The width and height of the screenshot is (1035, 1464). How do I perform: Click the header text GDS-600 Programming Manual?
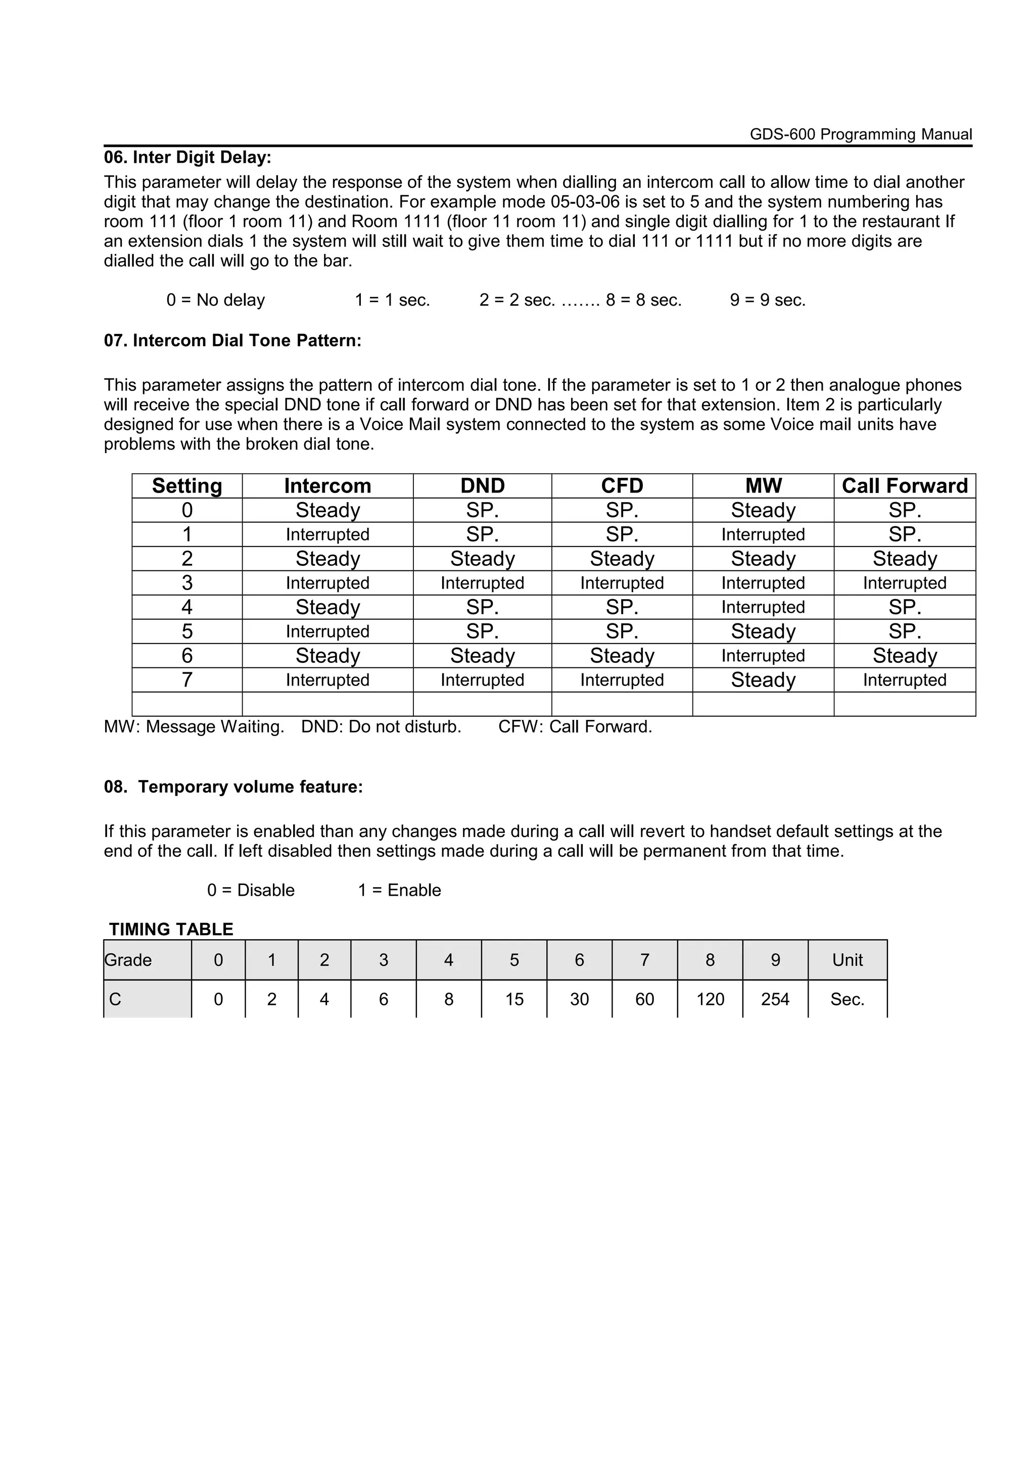point(860,134)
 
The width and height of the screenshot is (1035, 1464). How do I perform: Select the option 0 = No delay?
point(216,300)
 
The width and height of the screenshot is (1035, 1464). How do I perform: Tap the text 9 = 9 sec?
point(768,300)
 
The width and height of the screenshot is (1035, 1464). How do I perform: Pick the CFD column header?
point(622,486)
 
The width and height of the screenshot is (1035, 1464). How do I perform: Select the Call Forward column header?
point(904,486)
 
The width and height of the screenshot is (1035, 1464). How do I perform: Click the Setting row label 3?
point(187,583)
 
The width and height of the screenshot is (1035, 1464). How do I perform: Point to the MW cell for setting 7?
point(763,680)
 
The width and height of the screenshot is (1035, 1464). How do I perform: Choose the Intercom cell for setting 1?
point(327,534)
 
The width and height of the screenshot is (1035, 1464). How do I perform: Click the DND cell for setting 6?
point(482,656)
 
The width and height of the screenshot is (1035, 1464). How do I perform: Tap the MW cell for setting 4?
point(763,607)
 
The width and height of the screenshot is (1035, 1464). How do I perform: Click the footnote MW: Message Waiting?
point(194,727)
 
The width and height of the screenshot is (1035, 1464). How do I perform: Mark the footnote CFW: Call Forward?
point(575,727)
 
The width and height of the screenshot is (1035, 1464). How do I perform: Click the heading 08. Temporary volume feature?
point(233,787)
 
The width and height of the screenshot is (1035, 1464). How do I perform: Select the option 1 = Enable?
point(399,890)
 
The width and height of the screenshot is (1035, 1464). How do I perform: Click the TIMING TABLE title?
point(171,929)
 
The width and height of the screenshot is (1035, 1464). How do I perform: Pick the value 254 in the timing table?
point(775,999)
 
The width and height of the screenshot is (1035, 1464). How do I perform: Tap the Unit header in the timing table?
point(847,960)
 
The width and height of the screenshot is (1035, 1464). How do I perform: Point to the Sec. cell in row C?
point(847,999)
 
